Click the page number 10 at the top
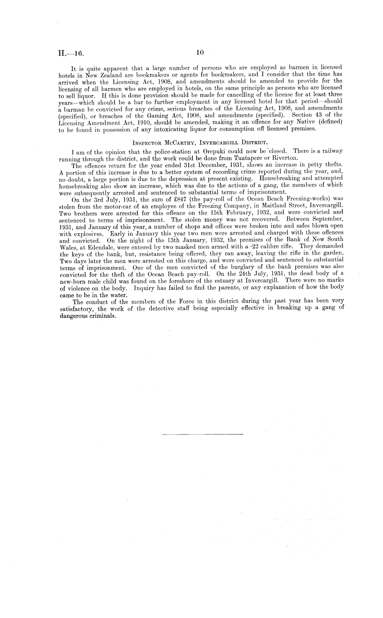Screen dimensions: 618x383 [x=200, y=53]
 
